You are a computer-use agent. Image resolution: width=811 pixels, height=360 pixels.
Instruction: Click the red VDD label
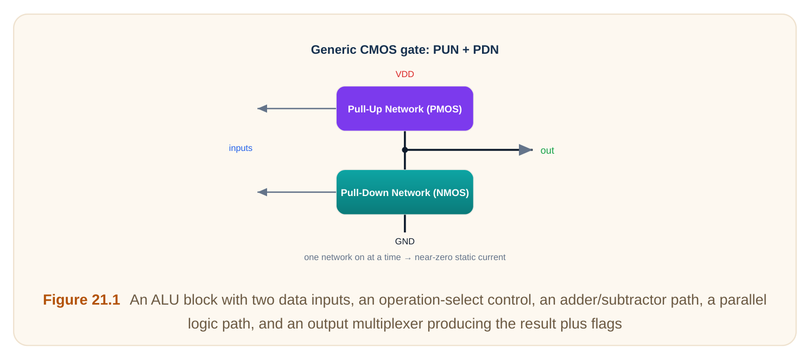tap(404, 74)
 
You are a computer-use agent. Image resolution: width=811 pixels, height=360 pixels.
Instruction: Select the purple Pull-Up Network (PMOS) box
tap(405, 109)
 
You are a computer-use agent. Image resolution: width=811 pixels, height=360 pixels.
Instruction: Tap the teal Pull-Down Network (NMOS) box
tap(405, 192)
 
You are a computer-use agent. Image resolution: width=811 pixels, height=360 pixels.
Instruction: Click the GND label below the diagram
tap(405, 242)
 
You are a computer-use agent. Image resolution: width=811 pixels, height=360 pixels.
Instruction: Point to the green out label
tap(547, 150)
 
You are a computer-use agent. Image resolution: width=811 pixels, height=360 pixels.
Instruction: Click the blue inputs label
tap(240, 148)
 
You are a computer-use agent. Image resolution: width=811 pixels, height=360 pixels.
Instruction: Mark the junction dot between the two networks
tap(405, 150)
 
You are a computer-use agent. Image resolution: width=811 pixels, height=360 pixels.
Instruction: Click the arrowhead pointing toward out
tap(525, 150)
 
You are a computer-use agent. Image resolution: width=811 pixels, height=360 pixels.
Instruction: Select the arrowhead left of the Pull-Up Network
tap(263, 109)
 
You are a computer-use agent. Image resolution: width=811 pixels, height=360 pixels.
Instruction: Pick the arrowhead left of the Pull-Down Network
tap(263, 192)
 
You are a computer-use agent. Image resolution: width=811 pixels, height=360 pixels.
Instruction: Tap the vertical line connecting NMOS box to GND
tap(405, 224)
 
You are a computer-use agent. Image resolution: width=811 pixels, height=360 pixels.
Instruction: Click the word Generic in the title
tap(333, 50)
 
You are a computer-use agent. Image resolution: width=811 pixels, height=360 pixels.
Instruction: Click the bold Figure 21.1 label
tap(81, 300)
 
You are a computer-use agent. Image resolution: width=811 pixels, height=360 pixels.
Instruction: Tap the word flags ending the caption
tap(606, 324)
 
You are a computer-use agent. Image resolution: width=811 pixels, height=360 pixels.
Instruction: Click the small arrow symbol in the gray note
tap(408, 258)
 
